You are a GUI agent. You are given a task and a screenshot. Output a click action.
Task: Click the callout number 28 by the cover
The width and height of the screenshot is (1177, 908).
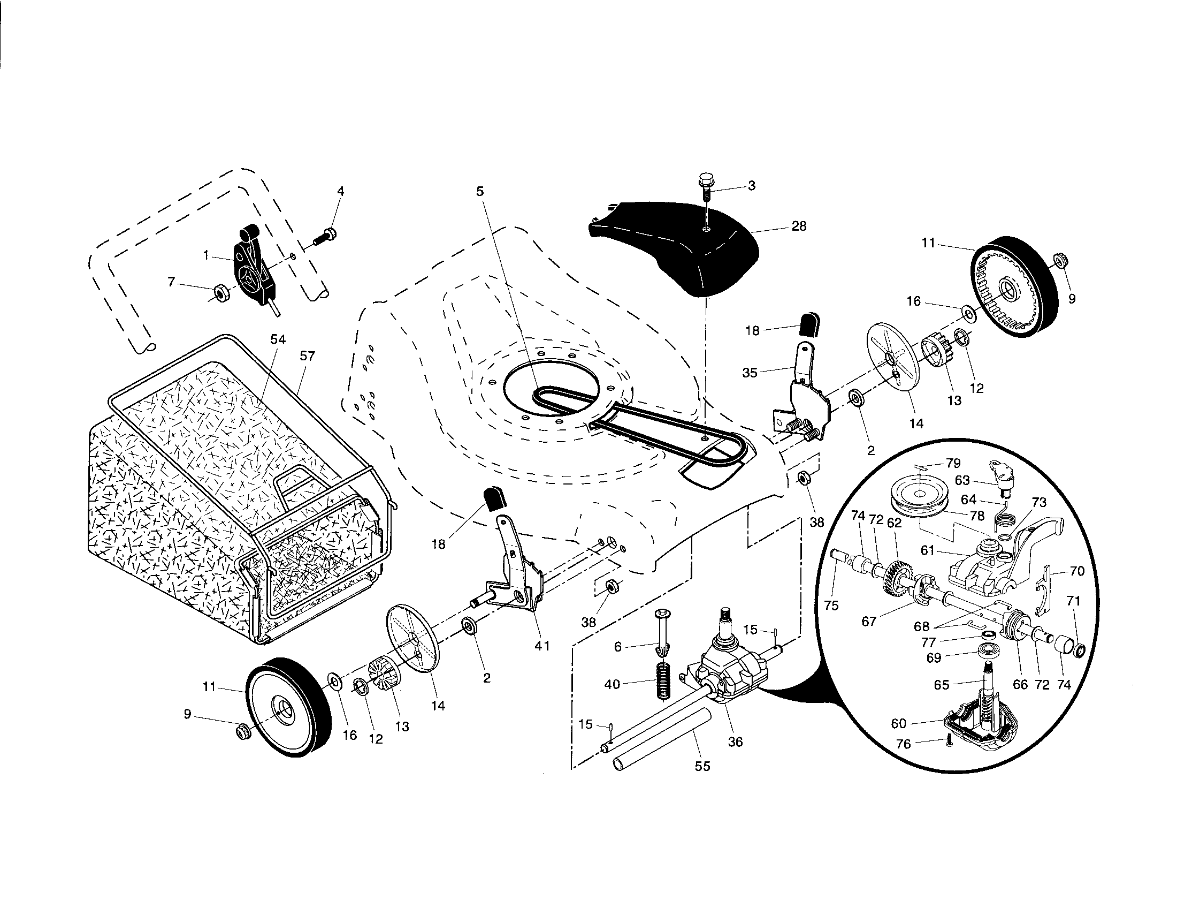(799, 226)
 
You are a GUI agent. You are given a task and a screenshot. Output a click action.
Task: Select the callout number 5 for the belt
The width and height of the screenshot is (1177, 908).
(480, 192)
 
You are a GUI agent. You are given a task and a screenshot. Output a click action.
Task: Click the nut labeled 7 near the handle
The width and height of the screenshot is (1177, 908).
(220, 293)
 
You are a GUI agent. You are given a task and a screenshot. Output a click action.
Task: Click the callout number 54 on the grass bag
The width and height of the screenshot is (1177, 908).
(278, 339)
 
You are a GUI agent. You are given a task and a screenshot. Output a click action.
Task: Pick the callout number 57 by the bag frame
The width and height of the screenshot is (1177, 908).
(308, 356)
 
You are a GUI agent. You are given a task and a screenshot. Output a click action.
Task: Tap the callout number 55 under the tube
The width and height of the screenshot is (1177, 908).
(703, 766)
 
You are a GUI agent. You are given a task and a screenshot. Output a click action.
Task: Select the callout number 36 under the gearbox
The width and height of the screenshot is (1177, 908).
(735, 742)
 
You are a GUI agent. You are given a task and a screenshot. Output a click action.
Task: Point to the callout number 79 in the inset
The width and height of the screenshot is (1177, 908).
(953, 463)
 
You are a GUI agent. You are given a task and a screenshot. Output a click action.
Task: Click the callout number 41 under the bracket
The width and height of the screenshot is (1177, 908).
(542, 646)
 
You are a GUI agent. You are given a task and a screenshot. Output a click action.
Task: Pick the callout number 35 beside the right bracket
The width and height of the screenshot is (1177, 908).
(750, 373)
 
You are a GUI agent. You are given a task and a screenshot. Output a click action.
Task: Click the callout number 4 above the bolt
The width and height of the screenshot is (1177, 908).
(340, 192)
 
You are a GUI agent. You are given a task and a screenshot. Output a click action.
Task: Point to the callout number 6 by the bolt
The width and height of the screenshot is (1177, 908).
(618, 647)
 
